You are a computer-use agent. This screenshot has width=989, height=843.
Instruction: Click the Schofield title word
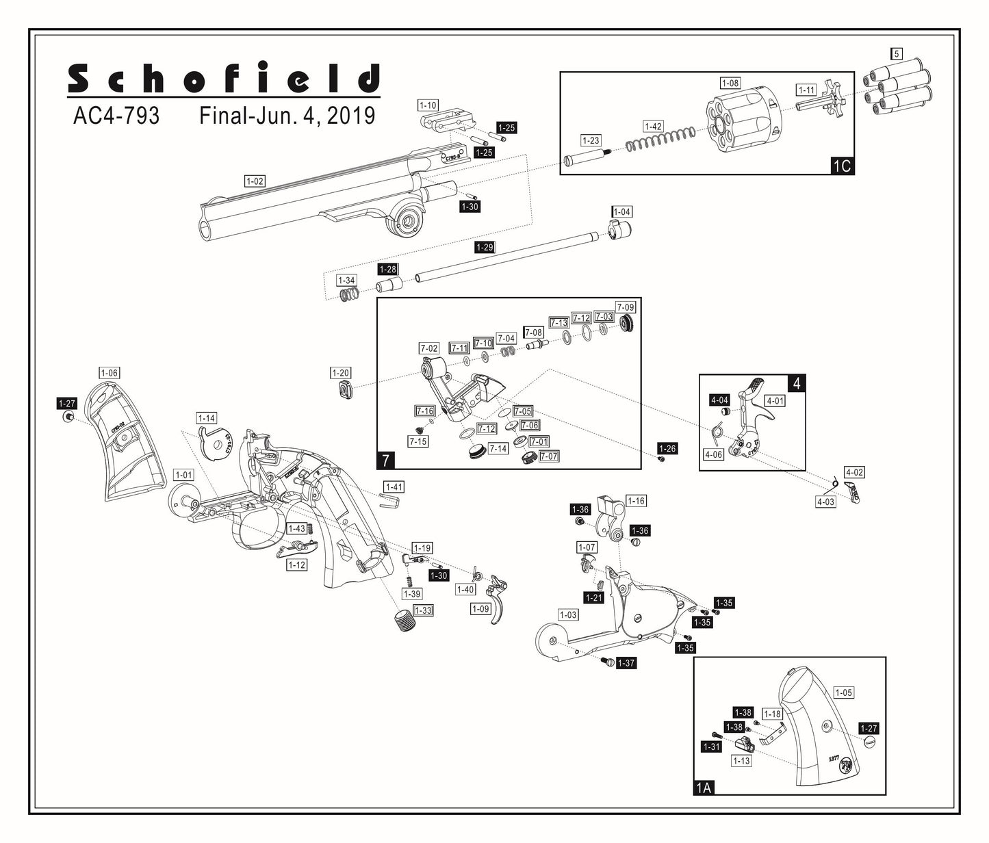pyautogui.click(x=224, y=79)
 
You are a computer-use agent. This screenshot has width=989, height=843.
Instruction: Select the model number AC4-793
pyautogui.click(x=116, y=116)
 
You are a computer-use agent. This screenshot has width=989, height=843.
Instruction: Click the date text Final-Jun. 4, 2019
pyautogui.click(x=287, y=116)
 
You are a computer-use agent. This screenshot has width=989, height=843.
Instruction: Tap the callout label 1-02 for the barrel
pyautogui.click(x=255, y=181)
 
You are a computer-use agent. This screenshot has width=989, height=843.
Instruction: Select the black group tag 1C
pyautogui.click(x=842, y=166)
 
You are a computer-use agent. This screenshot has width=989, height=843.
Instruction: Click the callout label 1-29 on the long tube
pyautogui.click(x=485, y=247)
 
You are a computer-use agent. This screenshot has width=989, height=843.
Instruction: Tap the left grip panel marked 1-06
pyautogui.click(x=122, y=438)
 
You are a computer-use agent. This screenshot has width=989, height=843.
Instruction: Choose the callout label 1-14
pyautogui.click(x=206, y=418)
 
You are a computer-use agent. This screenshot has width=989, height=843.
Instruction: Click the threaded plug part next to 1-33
pyautogui.click(x=406, y=622)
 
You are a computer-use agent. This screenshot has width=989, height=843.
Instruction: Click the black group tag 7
pyautogui.click(x=386, y=460)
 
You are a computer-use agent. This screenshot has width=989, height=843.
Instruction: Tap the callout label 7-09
pyautogui.click(x=626, y=307)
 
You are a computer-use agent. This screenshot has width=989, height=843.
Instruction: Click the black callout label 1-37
pyautogui.click(x=626, y=663)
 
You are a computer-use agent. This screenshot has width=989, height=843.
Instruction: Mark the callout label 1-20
pyautogui.click(x=340, y=373)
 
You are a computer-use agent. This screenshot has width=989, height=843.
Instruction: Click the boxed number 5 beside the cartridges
pyautogui.click(x=897, y=53)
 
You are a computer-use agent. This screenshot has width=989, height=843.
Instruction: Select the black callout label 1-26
pyautogui.click(x=667, y=448)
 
